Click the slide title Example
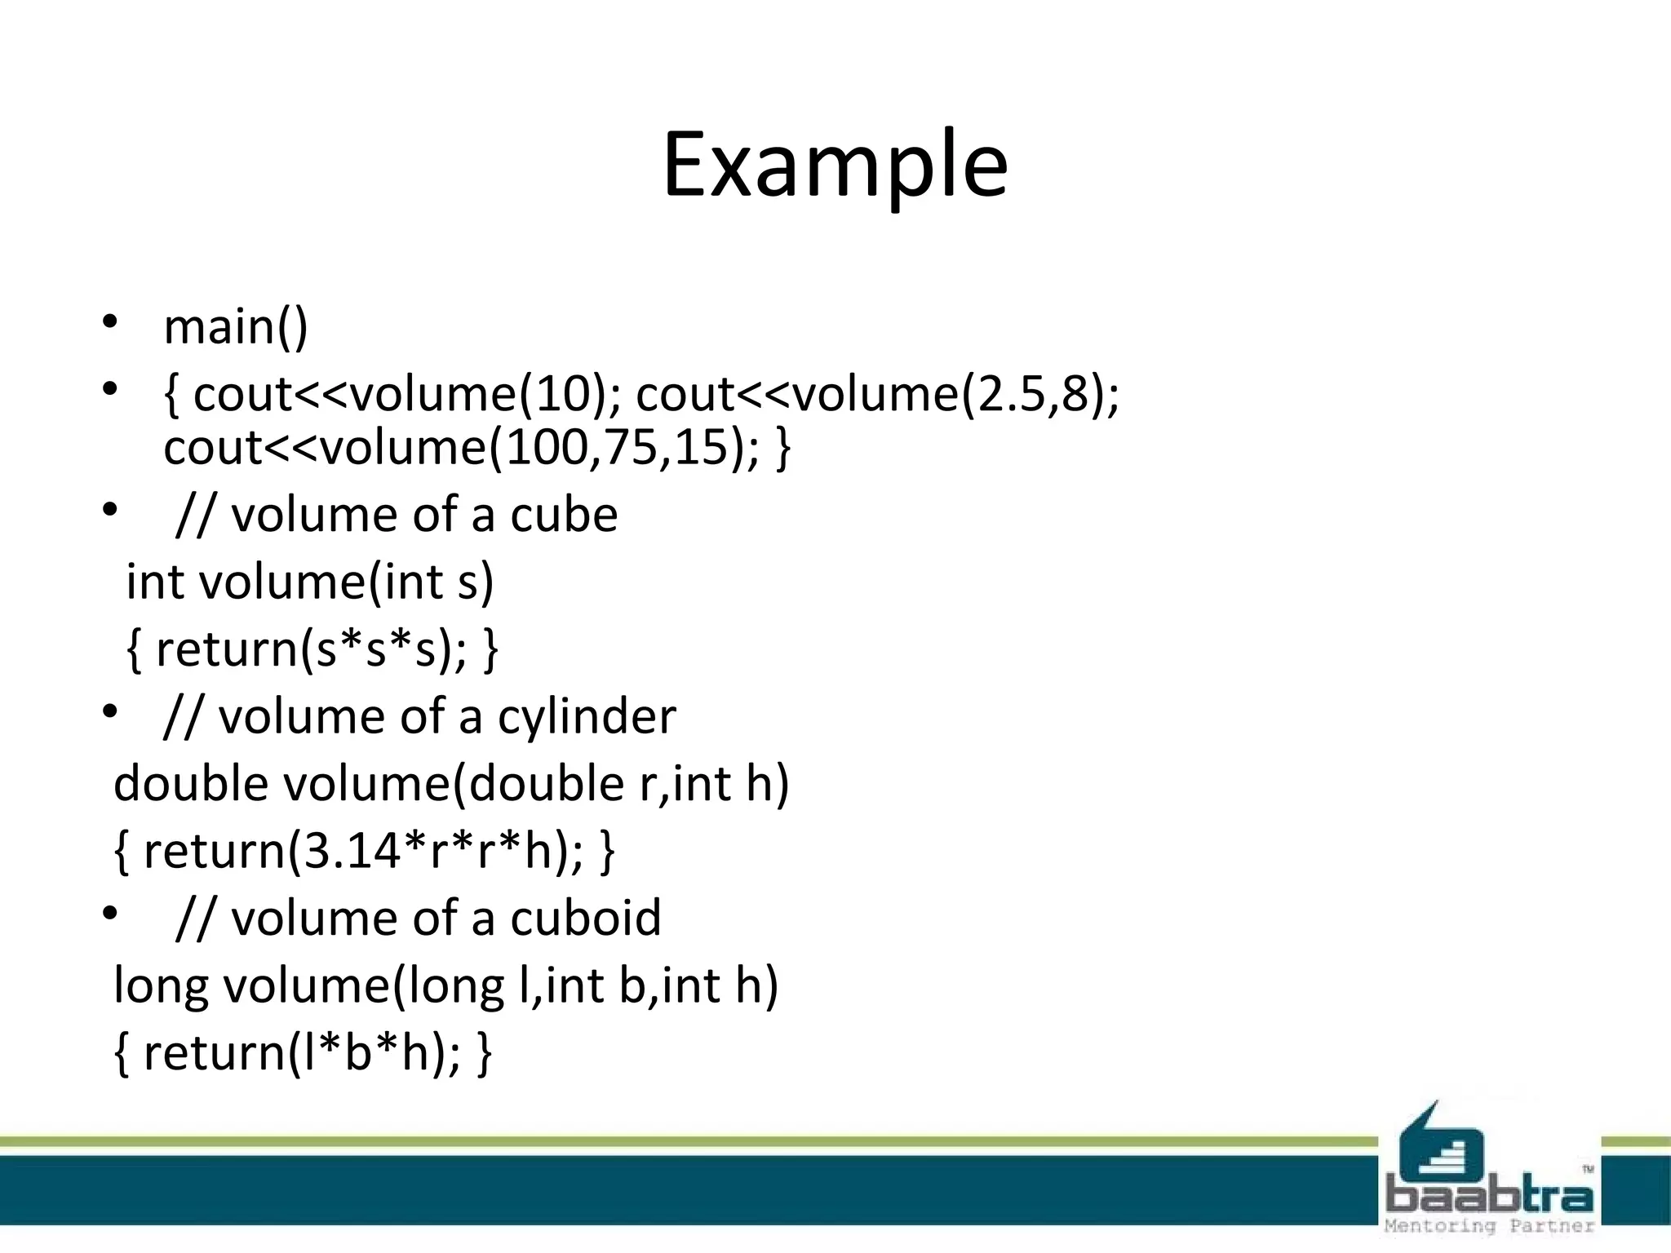click(x=835, y=166)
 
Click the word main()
click(x=236, y=327)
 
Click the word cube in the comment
click(x=564, y=516)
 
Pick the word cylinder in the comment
click(x=587, y=717)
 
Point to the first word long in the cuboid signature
click(x=161, y=985)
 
